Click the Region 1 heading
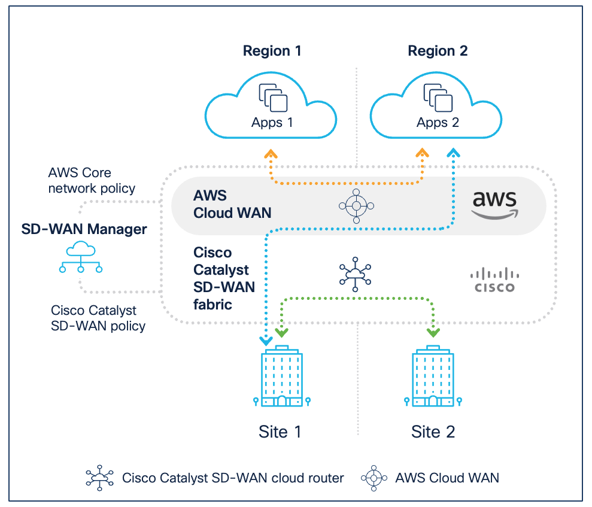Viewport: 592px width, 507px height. pos(272,51)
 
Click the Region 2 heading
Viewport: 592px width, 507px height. pos(438,51)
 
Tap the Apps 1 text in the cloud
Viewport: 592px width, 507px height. pos(272,123)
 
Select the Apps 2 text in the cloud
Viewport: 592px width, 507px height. pos(438,123)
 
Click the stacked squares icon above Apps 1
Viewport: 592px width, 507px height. pos(273,97)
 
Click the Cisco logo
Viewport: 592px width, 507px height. pos(494,280)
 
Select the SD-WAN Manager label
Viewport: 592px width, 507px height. pos(84,229)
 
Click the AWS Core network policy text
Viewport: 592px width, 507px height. pos(92,180)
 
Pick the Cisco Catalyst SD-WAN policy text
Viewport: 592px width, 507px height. pos(98,318)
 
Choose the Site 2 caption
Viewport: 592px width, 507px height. pos(433,431)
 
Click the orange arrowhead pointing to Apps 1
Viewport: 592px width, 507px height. pos(271,152)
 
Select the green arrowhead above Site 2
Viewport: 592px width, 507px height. pos(433,332)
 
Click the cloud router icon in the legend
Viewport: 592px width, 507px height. pos(100,478)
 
